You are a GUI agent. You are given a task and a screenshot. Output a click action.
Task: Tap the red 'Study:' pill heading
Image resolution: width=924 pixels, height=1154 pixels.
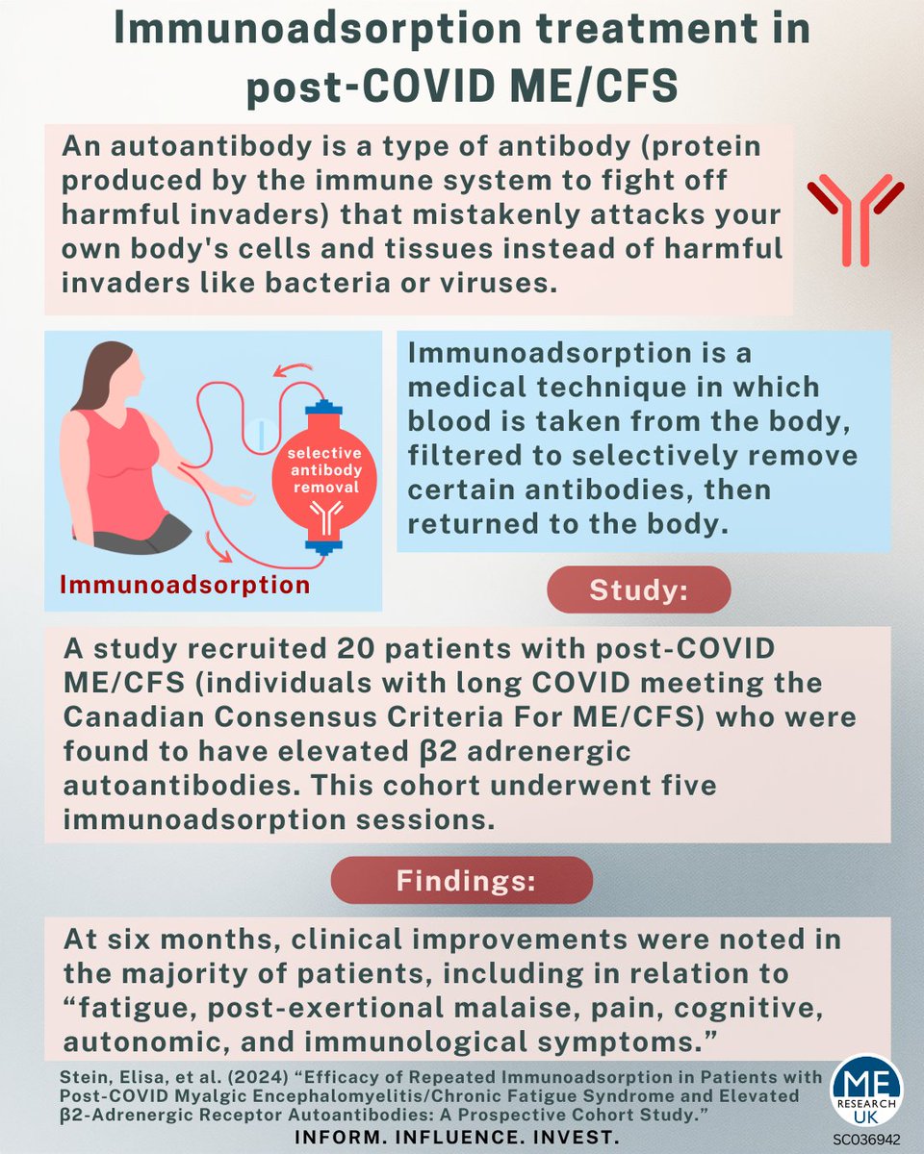(639, 590)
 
